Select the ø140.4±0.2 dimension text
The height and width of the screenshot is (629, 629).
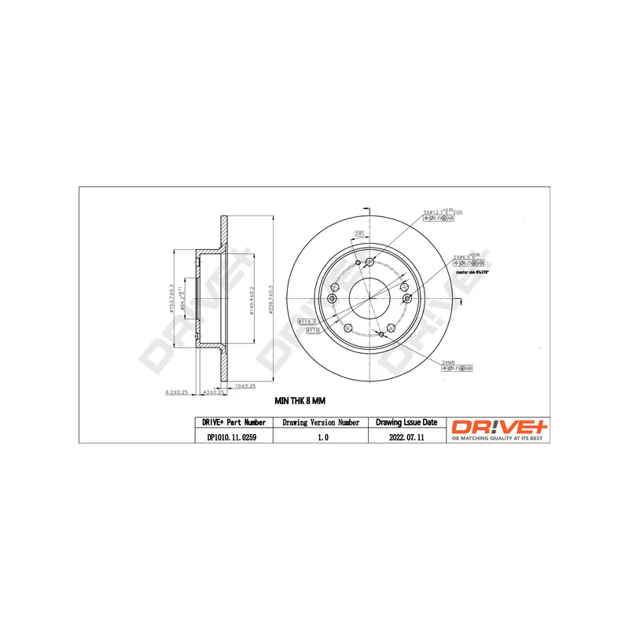click(x=250, y=298)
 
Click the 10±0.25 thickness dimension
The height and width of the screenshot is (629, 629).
click(x=248, y=385)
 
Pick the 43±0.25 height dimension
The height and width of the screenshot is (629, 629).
click(x=214, y=392)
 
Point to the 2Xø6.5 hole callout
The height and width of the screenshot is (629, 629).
click(x=466, y=256)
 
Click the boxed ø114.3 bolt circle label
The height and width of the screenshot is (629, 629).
click(x=307, y=322)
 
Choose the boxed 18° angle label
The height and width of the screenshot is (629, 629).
click(x=359, y=234)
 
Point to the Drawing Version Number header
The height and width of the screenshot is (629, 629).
click(x=321, y=423)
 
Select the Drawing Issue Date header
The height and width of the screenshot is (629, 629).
click(x=407, y=423)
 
